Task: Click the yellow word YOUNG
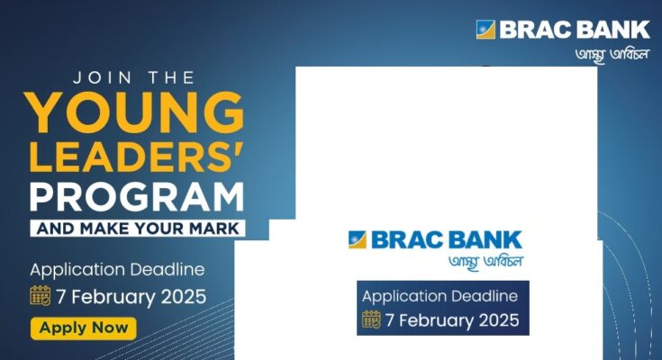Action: point(134,112)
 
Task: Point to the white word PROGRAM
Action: point(137,197)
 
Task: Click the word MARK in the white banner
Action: point(214,229)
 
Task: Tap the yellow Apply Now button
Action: point(84,328)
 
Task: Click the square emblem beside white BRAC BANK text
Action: point(485,30)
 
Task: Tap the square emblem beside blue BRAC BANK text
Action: point(358,239)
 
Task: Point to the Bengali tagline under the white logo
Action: point(612,55)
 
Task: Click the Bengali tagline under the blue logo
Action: point(486,262)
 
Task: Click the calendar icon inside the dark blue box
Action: point(371,319)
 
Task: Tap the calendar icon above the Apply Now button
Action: point(41,295)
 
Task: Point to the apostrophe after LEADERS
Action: point(240,148)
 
